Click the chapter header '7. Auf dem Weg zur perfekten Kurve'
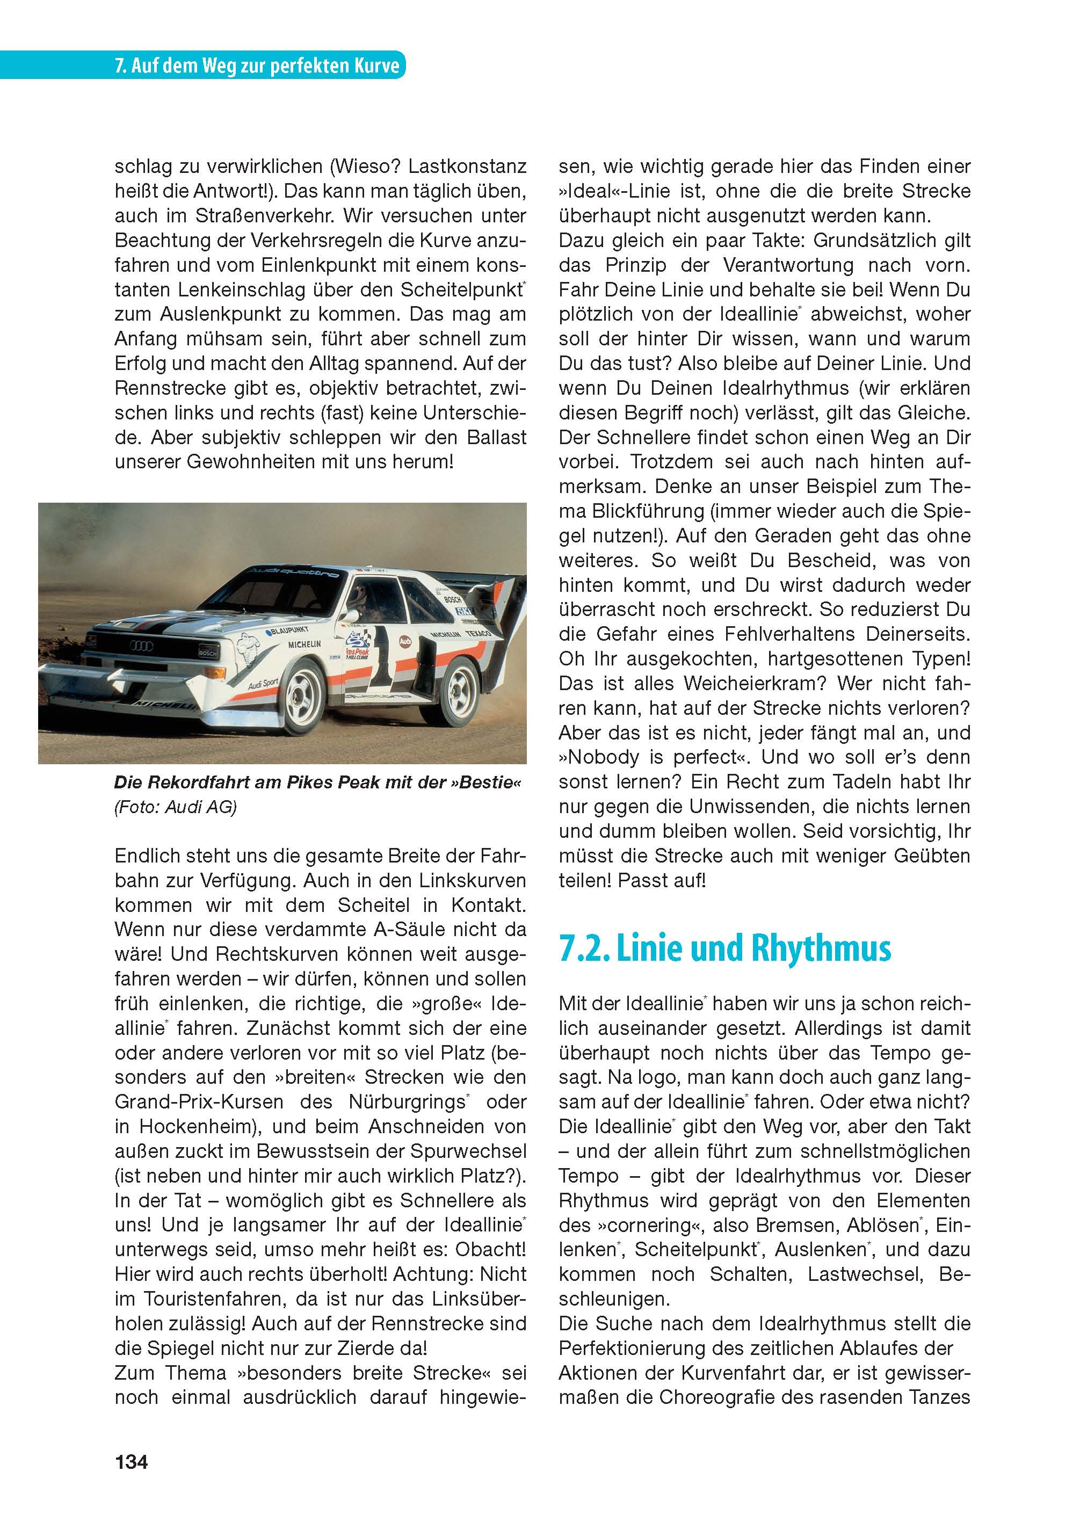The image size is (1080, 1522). pyautogui.click(x=257, y=66)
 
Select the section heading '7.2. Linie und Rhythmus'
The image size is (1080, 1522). pyautogui.click(x=724, y=949)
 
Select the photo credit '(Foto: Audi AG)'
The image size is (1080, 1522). pyautogui.click(x=175, y=807)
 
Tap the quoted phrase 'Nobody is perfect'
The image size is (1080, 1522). pyautogui.click(x=656, y=757)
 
